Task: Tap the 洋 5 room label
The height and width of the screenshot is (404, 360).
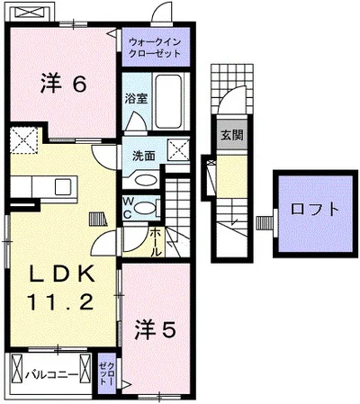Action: pyautogui.click(x=155, y=330)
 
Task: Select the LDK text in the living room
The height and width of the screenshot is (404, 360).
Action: pyautogui.click(x=61, y=274)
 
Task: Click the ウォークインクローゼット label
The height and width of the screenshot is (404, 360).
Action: pyautogui.click(x=155, y=48)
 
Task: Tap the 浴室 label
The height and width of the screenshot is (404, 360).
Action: pyautogui.click(x=137, y=98)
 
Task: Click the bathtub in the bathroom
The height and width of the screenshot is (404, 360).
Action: pyautogui.click(x=168, y=101)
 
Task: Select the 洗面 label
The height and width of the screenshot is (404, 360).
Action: pyautogui.click(x=144, y=156)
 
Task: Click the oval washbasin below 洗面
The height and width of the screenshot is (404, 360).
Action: pyautogui.click(x=146, y=180)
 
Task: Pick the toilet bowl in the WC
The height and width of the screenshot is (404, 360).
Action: pyautogui.click(x=144, y=208)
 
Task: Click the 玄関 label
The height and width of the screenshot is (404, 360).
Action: pyautogui.click(x=232, y=135)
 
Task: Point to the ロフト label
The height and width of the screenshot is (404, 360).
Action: pyautogui.click(x=315, y=209)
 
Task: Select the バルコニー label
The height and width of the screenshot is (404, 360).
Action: pyautogui.click(x=51, y=374)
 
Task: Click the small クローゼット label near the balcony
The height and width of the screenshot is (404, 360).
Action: pyautogui.click(x=107, y=373)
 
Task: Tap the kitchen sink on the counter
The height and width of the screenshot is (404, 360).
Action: pyautogui.click(x=63, y=186)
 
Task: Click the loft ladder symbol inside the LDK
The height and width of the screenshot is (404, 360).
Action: pyautogui.click(x=98, y=219)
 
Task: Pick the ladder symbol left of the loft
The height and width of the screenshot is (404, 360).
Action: pyautogui.click(x=264, y=223)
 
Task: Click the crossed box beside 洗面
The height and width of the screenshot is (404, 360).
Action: pyautogui.click(x=178, y=151)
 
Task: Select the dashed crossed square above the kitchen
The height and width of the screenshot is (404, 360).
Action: pyautogui.click(x=23, y=140)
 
